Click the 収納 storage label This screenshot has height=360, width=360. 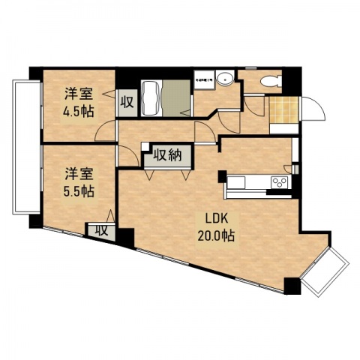click(x=169, y=155)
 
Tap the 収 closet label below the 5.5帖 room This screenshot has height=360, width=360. click(x=100, y=230)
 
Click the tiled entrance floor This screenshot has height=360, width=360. click(x=284, y=109)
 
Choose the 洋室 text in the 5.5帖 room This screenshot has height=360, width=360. click(x=79, y=174)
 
